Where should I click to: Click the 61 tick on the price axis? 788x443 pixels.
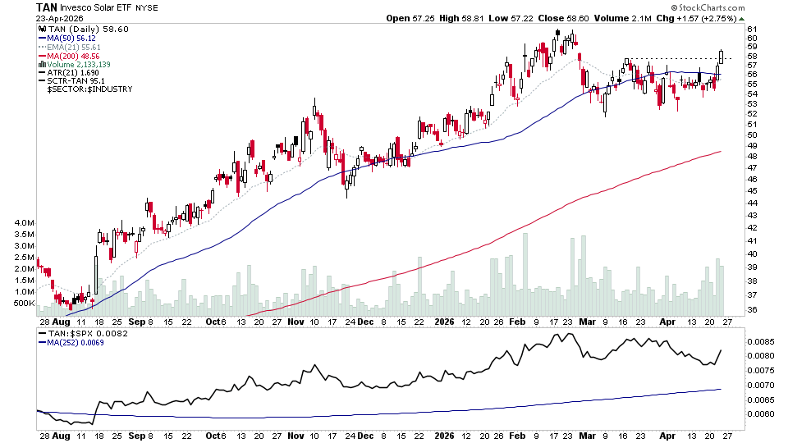point(751,30)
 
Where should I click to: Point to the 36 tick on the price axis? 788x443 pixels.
point(751,309)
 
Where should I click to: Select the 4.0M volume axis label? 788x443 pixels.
point(23,223)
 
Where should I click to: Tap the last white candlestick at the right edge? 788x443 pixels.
point(722,56)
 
